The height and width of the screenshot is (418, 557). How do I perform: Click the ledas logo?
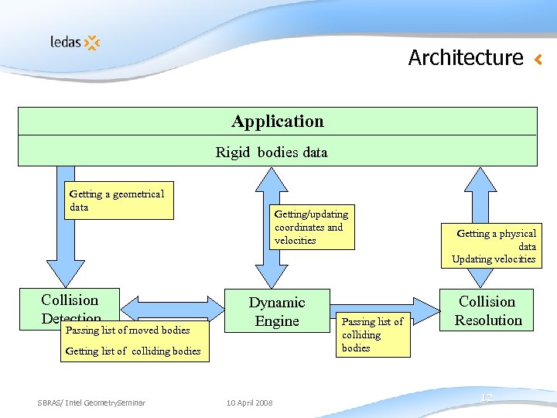(75, 42)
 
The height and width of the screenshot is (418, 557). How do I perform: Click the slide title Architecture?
(466, 57)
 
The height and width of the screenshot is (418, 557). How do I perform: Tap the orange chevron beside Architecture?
(538, 59)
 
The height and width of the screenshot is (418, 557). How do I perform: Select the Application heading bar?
(277, 122)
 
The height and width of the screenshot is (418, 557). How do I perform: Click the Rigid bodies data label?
(272, 152)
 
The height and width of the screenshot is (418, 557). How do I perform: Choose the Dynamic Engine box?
(277, 311)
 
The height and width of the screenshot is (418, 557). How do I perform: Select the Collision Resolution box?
(487, 310)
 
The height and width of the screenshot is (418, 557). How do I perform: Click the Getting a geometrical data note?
(118, 200)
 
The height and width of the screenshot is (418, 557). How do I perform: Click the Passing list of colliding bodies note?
(373, 334)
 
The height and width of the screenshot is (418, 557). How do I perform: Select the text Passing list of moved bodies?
(128, 331)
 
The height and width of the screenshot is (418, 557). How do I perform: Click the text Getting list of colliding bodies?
(133, 351)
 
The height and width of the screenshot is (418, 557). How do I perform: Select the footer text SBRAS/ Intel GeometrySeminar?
(91, 402)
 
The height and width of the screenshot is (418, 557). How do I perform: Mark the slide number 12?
(486, 398)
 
